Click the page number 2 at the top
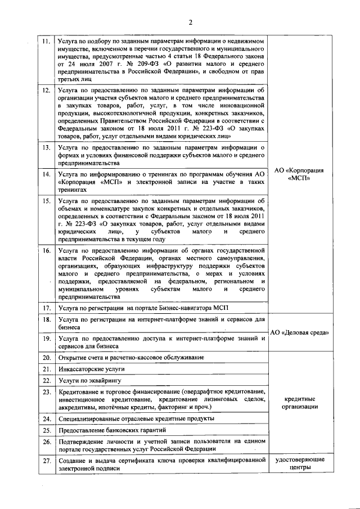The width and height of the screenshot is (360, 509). click(190, 22)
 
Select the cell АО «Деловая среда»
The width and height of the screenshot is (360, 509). click(300, 332)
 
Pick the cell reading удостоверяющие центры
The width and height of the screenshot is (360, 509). click(300, 465)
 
